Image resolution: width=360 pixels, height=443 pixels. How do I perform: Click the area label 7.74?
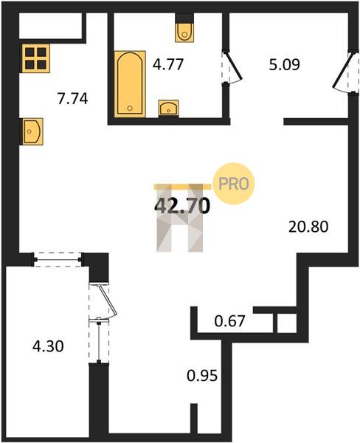tap(73, 99)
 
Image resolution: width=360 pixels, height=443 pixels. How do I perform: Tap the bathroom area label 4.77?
tap(168, 64)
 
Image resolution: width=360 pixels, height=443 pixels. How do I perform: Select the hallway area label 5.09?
tap(284, 65)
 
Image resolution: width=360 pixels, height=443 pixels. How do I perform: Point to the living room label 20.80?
tap(308, 227)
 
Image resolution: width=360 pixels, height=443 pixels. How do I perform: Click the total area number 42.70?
tap(182, 205)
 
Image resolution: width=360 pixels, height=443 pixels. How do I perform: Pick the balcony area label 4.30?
tap(48, 346)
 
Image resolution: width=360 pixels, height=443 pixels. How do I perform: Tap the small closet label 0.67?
tap(229, 321)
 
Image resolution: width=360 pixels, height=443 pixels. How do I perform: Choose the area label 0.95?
tap(202, 376)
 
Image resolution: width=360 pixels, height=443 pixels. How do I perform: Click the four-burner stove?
tap(35, 58)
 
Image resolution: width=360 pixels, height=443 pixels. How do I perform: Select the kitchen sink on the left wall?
tap(32, 131)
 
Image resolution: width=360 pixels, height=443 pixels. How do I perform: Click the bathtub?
tap(130, 84)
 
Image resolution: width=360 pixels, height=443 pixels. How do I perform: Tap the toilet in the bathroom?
tap(184, 30)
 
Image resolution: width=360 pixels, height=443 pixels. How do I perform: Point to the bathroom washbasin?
tap(168, 108)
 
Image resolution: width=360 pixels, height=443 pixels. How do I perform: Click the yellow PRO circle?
tap(234, 184)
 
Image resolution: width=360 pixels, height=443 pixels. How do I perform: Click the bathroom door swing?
tap(232, 67)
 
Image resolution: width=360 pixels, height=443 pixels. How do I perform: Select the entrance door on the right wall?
tap(345, 71)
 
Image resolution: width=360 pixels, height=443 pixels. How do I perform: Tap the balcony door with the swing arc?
tap(103, 301)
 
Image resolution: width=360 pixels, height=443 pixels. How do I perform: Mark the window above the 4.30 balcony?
tap(58, 259)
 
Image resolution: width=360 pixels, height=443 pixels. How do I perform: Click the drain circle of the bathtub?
tap(130, 109)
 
